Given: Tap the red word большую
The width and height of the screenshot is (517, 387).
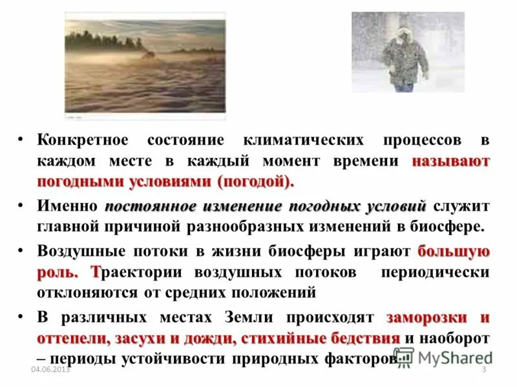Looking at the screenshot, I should pyautogui.click(x=453, y=252).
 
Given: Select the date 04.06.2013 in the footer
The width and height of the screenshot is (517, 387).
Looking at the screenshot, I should pyautogui.click(x=50, y=368).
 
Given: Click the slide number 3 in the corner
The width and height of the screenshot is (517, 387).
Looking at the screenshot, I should pyautogui.click(x=483, y=368).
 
